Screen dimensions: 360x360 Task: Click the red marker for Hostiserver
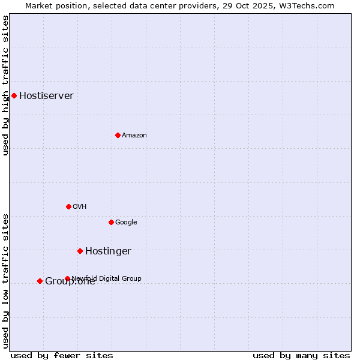[14, 95]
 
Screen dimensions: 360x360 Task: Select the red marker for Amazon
[118, 135]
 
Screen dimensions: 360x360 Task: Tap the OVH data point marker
[68, 206]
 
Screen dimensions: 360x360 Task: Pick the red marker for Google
[111, 222]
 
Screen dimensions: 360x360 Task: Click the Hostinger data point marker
[80, 251]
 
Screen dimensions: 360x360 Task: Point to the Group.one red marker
[40, 281]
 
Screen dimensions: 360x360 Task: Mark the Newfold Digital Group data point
[67, 278]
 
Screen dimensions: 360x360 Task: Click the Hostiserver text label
[46, 96]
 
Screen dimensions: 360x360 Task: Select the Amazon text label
[134, 136]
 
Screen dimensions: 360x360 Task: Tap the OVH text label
[80, 207]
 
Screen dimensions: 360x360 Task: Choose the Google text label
[126, 223]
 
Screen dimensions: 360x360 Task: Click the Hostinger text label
[108, 251]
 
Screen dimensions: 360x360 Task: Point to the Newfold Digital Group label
[107, 278]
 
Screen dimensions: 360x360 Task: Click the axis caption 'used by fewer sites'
[62, 355]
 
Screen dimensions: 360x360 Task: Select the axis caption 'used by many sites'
[301, 355]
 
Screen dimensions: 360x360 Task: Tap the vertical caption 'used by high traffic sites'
[5, 85]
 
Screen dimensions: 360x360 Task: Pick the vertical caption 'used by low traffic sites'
[5, 280]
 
